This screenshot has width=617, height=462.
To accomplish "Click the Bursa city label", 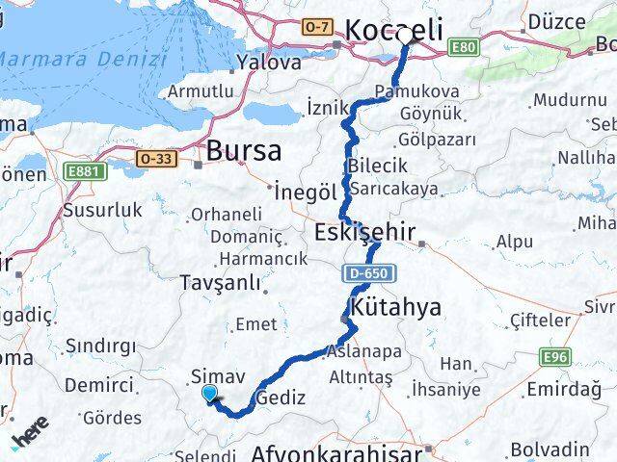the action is (x=244, y=151).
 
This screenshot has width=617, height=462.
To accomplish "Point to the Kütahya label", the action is (x=397, y=308).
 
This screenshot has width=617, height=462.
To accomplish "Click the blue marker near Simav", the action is (x=210, y=392).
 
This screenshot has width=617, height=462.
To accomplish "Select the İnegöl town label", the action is (x=305, y=192).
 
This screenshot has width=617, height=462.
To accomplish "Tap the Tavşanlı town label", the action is (x=220, y=283).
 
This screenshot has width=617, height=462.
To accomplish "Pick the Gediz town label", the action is (x=282, y=398).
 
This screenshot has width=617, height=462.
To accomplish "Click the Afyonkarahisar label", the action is (x=337, y=451).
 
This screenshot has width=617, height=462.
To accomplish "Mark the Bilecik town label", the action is (x=371, y=165).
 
